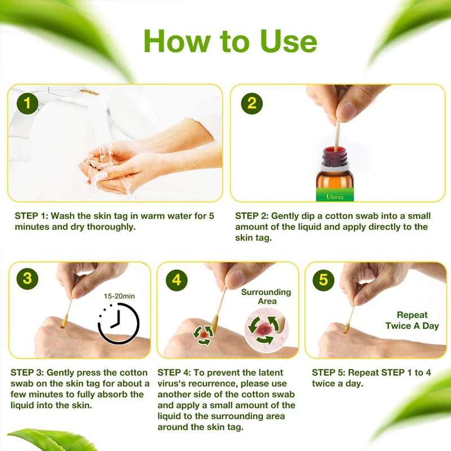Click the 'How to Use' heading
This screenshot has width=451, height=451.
(230, 41)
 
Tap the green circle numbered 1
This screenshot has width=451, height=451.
(27, 103)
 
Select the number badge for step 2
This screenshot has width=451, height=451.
(251, 103)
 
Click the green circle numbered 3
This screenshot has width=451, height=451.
(27, 278)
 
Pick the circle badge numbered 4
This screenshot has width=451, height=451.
(176, 280)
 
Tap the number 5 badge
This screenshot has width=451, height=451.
(323, 280)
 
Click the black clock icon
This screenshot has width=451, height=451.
(119, 323)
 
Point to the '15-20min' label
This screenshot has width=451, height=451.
(119, 296)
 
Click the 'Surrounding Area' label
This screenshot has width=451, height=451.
(266, 297)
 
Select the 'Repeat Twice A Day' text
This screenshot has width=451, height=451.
(412, 320)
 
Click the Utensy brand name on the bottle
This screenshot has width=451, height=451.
(335, 197)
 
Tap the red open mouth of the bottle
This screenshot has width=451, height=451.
(334, 149)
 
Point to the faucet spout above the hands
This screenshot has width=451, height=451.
(90, 92)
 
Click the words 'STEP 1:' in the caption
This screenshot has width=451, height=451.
(32, 216)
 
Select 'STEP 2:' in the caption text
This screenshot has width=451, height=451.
(252, 216)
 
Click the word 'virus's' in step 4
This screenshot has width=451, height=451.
(171, 383)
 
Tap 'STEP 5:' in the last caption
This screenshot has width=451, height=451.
(329, 373)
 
